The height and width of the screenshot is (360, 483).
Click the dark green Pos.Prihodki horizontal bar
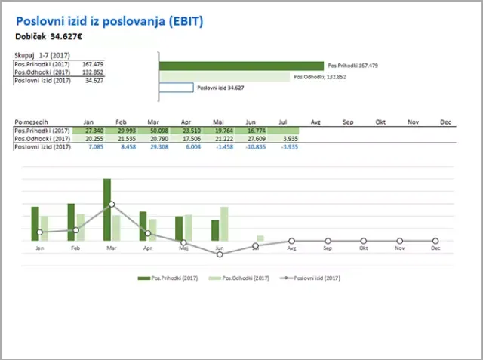[x=241, y=66]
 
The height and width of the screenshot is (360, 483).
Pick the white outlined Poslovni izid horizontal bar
[x=178, y=88]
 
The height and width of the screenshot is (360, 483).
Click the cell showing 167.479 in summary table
[x=93, y=65]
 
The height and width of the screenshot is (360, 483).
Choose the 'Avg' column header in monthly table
[x=315, y=122]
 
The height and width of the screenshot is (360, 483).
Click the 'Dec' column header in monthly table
[x=445, y=122]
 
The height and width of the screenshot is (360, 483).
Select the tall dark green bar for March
[x=107, y=209]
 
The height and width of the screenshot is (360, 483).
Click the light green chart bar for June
[x=224, y=223]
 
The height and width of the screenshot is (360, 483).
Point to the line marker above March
[x=112, y=204]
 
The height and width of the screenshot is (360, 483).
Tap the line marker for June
[x=220, y=254]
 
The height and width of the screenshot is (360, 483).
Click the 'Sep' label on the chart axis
[x=328, y=248]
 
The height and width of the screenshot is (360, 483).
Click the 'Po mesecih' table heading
[x=32, y=122]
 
